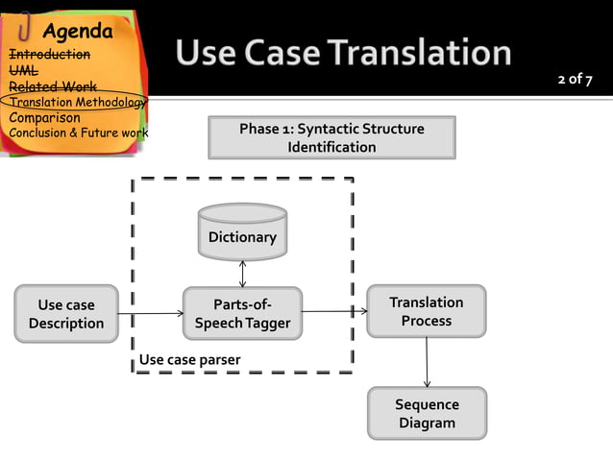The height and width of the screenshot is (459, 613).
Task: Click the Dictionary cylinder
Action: [x=242, y=233]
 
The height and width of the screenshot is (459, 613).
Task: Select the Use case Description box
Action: [x=66, y=314]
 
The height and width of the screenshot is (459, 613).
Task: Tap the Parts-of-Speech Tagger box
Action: [x=242, y=314]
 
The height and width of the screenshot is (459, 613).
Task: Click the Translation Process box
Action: [x=426, y=311]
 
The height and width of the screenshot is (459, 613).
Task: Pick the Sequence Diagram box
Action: [x=427, y=413]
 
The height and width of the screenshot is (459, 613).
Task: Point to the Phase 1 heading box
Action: [x=331, y=137]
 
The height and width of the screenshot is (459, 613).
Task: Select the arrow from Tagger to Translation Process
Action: [x=334, y=311]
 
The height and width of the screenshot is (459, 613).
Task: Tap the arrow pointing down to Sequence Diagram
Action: [x=427, y=362]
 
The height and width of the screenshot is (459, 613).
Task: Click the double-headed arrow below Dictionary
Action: [x=242, y=274]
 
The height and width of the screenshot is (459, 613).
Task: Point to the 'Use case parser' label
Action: [x=189, y=360]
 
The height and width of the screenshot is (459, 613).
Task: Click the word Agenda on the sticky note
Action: [x=77, y=31]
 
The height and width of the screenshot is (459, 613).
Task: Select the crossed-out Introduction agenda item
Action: [x=49, y=55]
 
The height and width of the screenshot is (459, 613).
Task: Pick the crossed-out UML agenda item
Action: [x=23, y=70]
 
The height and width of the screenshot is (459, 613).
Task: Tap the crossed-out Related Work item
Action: [x=52, y=86]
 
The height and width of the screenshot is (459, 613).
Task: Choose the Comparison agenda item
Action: [x=44, y=117]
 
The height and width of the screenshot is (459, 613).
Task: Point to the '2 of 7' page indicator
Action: [x=575, y=79]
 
